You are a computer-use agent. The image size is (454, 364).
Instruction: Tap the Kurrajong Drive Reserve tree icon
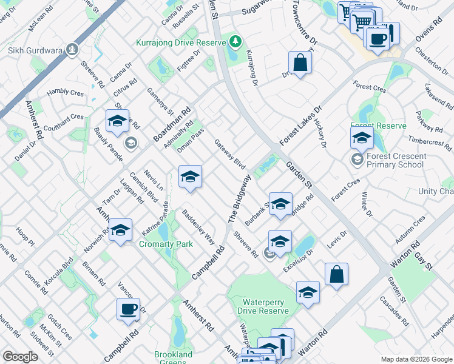click(x=235, y=41)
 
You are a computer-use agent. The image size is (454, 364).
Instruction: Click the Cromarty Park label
click(x=166, y=244)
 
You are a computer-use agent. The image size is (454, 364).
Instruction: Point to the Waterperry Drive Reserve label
click(x=266, y=306)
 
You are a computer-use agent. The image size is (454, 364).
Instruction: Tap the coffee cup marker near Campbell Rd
click(x=129, y=309)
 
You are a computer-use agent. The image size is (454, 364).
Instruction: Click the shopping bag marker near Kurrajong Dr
click(x=300, y=62)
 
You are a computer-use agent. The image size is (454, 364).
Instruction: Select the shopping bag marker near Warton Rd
click(x=336, y=274)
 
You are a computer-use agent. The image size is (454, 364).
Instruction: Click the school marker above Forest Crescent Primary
click(x=362, y=138)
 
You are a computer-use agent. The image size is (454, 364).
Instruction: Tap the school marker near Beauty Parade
click(x=117, y=121)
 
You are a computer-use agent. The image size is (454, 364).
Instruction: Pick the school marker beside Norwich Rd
click(x=120, y=231)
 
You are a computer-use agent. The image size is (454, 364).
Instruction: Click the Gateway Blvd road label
click(x=230, y=155)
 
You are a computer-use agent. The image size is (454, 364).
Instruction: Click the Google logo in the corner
click(x=20, y=357)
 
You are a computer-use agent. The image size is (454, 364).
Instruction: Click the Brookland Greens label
click(x=173, y=358)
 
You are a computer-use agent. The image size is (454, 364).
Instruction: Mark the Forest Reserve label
click(x=378, y=126)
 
